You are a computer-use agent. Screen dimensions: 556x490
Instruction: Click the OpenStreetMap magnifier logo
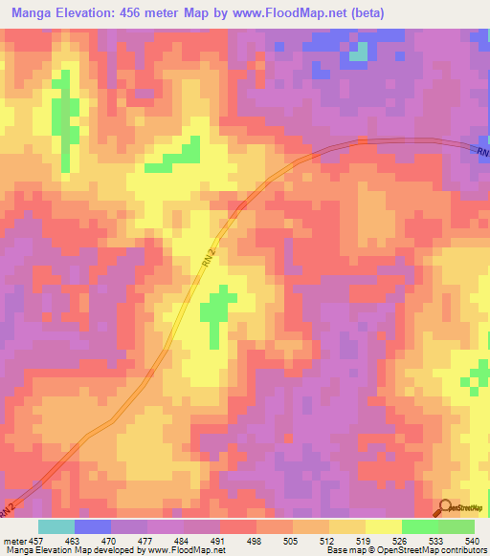point(445,507)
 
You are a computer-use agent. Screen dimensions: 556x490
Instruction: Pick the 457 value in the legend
point(35,541)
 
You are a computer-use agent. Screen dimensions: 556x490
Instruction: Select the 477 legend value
point(145,541)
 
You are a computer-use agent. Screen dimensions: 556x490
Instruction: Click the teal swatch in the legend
point(56,526)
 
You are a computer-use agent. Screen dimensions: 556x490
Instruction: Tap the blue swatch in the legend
point(93,526)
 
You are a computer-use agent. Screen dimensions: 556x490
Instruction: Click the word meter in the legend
point(13,541)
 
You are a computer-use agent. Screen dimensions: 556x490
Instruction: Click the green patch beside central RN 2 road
point(216,310)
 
